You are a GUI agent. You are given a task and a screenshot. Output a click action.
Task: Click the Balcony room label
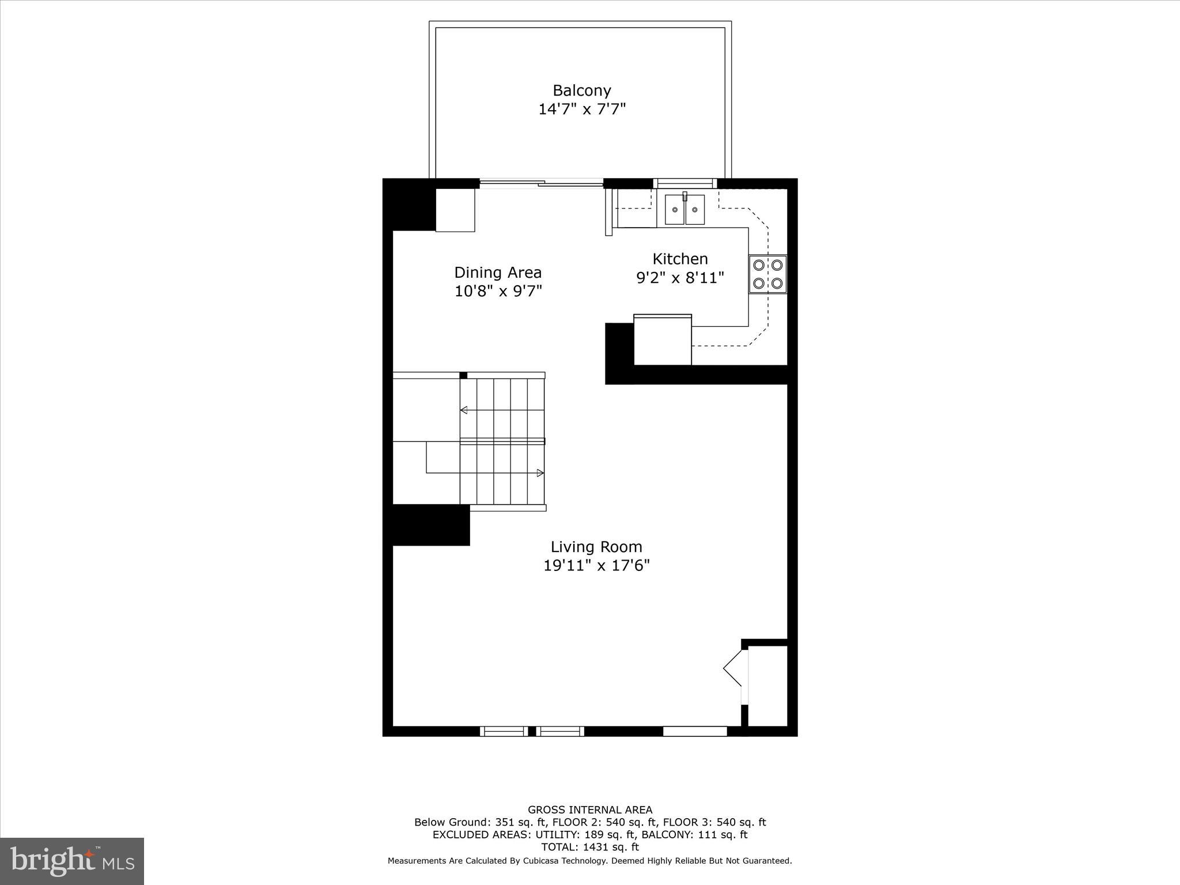581,90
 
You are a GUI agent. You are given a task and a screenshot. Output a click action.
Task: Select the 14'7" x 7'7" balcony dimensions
581,109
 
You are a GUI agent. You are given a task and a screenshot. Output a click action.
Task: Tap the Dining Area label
498,273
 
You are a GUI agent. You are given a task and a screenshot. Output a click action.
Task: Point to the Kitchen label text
680,259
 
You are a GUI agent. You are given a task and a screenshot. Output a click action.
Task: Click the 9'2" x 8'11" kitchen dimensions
680,278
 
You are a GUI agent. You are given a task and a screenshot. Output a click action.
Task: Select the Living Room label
596,547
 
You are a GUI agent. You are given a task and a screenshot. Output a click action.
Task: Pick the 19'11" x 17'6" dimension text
596,565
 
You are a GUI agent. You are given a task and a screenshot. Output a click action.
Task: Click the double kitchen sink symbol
684,210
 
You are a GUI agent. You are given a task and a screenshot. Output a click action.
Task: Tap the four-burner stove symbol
767,274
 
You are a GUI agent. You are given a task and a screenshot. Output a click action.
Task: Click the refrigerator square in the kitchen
662,340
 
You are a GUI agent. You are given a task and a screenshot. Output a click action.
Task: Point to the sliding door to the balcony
541,184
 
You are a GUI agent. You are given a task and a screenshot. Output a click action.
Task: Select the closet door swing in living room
733,668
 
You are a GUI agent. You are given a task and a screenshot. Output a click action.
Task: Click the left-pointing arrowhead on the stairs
464,410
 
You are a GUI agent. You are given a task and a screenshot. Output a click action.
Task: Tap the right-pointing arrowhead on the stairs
540,473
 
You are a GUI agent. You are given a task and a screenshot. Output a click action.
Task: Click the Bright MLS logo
71,861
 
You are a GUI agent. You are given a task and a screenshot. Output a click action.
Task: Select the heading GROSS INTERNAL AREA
590,810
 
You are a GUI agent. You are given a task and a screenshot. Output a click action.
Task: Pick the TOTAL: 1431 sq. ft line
590,847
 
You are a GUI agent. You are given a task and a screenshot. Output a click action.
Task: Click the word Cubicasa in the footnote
543,861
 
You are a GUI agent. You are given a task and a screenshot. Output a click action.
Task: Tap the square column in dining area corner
455,210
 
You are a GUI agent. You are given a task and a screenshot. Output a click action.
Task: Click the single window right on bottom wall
694,731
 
